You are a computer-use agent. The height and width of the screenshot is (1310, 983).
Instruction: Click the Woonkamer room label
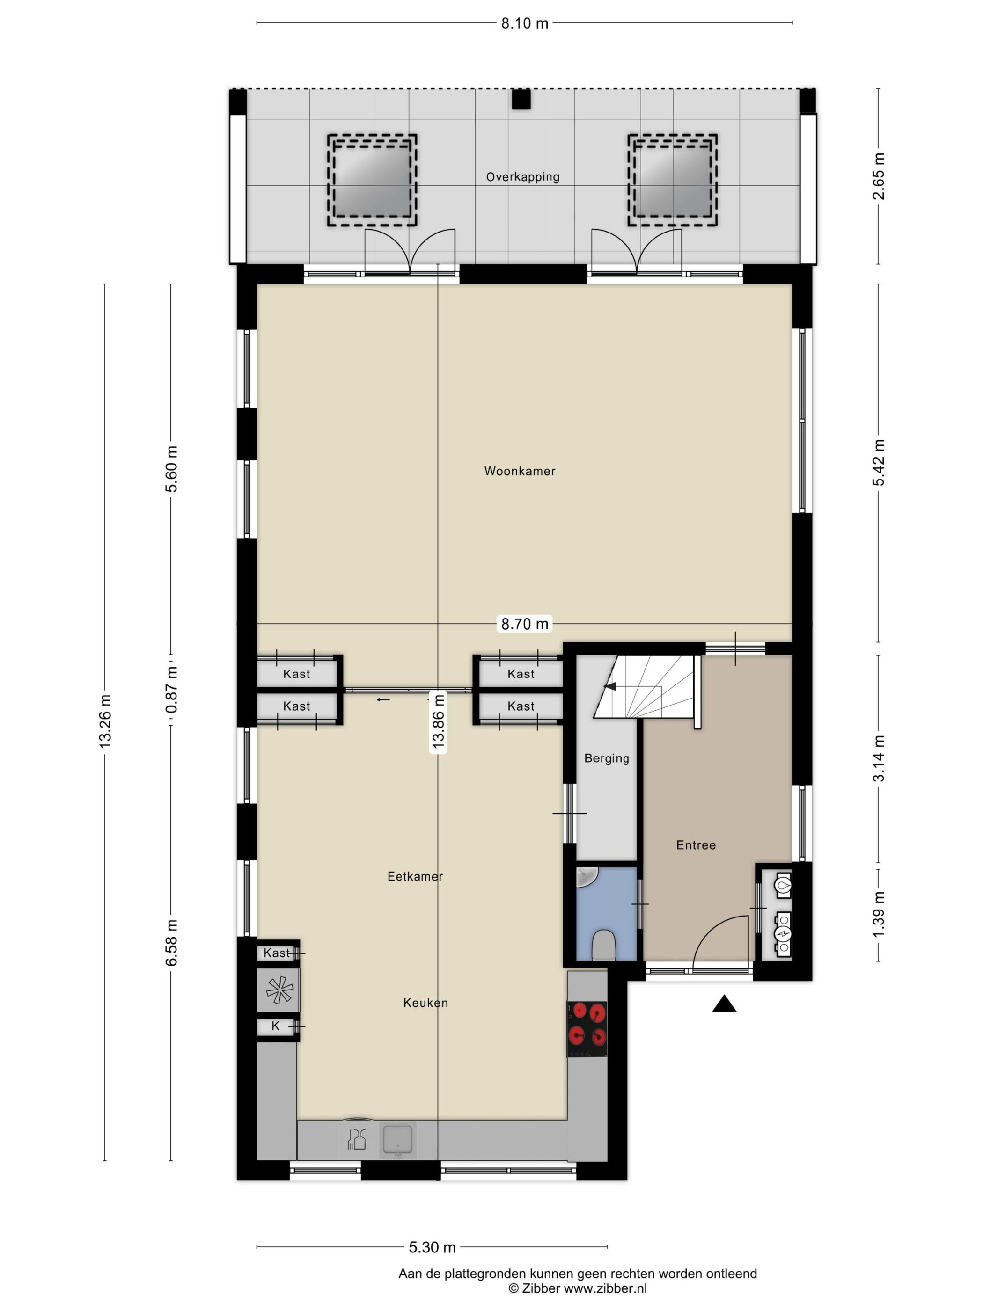pos(520,471)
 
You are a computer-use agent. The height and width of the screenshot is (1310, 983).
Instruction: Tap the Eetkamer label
pos(415,876)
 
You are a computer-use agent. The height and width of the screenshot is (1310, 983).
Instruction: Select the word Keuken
pos(425,1003)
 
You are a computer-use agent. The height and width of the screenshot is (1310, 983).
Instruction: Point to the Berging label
pos(606,758)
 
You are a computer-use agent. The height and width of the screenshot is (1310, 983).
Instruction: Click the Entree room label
pos(696,845)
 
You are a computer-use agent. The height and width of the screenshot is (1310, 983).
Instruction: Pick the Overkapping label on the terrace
pos(522,177)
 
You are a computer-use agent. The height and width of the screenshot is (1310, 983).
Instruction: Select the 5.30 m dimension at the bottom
pos(432,1247)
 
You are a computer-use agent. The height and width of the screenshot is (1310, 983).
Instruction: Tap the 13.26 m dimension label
pos(105,721)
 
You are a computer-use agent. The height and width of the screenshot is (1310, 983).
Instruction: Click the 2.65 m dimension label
pos(879,176)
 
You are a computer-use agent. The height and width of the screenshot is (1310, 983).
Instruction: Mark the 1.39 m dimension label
pos(879,914)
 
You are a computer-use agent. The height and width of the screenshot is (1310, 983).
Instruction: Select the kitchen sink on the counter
pos(397,1141)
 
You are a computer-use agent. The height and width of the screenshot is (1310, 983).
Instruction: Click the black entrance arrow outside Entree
pos(724,1004)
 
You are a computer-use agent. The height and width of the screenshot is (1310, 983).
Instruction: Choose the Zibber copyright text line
pos(578,1288)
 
